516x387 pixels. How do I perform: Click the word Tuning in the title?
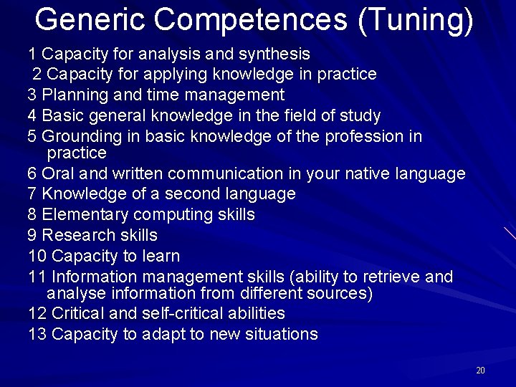(416, 20)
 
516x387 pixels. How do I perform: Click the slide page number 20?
(480, 371)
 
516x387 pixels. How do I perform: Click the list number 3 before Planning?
(32, 95)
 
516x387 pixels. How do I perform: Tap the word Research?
(77, 236)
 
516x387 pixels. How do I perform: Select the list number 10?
(37, 257)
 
